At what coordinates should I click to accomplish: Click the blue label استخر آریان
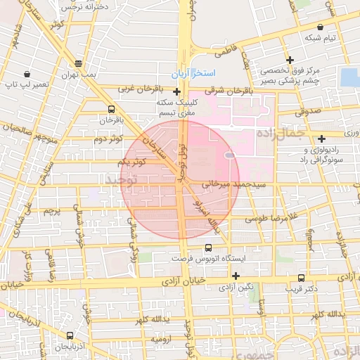tap(193, 74)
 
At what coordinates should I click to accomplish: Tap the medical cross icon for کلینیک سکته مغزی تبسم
tap(176, 91)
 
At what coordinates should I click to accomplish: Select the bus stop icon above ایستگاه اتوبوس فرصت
tap(207, 247)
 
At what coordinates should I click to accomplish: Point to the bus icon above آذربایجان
tap(69, 336)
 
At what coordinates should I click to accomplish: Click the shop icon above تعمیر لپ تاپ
tap(27, 73)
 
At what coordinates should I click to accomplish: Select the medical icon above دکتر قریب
tap(301, 277)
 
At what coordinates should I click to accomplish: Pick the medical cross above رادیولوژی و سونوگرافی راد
tap(321, 139)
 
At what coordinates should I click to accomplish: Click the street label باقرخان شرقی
tap(229, 90)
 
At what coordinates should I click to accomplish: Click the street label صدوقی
tap(307, 110)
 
